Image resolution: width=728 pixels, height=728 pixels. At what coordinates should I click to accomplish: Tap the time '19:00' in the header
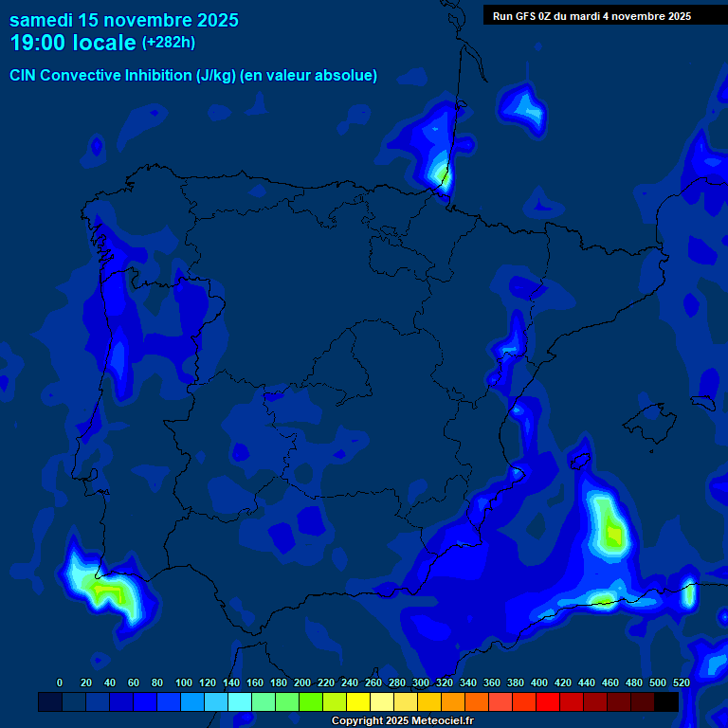39,43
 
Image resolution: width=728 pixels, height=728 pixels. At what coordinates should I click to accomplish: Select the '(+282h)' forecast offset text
168,42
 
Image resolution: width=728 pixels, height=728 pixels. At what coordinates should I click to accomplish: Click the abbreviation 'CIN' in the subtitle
24,76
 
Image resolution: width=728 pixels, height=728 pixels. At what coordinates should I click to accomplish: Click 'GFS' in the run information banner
523,16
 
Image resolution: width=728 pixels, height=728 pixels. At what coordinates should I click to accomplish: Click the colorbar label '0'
60,682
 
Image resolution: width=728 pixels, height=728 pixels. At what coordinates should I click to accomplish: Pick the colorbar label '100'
183,682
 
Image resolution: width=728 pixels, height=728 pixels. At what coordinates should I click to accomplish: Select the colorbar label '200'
301,682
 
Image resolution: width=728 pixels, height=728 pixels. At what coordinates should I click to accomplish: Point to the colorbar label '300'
420,682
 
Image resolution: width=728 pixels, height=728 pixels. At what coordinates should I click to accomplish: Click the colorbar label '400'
538,682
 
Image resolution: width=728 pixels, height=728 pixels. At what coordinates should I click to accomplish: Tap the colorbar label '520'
681,682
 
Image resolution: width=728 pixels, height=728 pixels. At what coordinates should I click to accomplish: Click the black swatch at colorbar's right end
666,701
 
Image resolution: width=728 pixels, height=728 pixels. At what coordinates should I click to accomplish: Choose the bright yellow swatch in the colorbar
358,701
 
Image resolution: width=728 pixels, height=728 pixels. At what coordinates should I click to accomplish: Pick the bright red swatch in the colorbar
548,701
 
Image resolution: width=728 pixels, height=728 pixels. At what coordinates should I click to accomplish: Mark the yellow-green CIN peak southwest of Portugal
107,591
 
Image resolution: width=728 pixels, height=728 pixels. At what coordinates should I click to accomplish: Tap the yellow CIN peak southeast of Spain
613,536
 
